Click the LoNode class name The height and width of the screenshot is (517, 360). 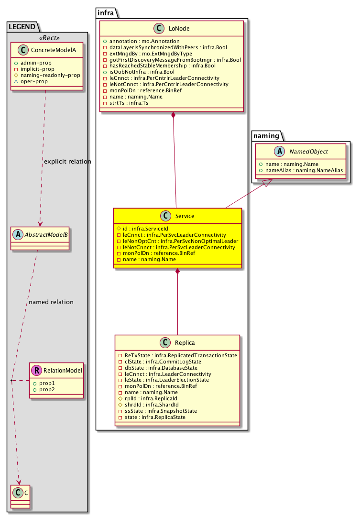tap(179, 29)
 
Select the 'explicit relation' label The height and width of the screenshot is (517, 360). tap(67, 161)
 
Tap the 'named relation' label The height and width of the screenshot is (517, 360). tap(51, 302)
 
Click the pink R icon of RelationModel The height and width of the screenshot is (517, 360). tap(36, 370)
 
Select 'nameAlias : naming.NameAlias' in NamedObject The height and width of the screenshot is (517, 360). tap(302, 170)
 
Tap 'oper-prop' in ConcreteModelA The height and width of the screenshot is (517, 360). tap(35, 81)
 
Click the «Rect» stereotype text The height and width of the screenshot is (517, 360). tap(47, 38)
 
